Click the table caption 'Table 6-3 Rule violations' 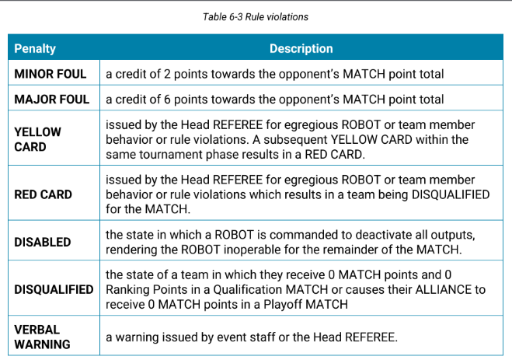(256, 17)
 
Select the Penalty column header (35, 49)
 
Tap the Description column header (301, 49)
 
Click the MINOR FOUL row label (51, 74)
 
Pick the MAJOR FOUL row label (51, 100)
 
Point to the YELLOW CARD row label (37, 139)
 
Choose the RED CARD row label (43, 194)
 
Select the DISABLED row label (43, 242)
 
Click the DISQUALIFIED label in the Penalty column (54, 289)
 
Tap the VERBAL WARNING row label (42, 337)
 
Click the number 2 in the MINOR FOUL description (167, 74)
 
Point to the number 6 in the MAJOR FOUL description (167, 100)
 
